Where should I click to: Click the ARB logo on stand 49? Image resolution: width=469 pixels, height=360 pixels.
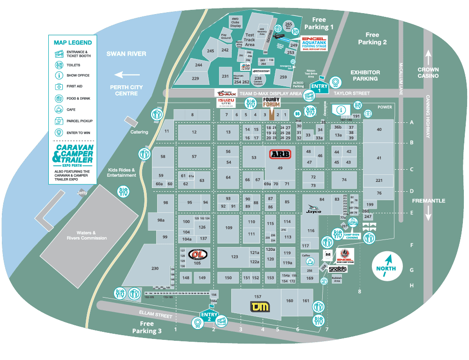(280, 154)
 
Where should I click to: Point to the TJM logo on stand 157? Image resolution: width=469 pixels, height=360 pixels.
(259, 307)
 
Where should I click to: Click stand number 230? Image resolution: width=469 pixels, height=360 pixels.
(155, 269)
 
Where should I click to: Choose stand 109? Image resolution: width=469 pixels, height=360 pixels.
(228, 228)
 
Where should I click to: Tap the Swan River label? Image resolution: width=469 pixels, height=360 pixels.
(126, 54)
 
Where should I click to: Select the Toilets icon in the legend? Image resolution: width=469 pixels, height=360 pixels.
(59, 65)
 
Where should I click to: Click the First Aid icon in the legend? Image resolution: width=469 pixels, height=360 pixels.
(59, 87)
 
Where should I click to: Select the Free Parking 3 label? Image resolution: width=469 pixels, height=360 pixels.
(147, 327)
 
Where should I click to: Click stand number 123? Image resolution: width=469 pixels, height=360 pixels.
(234, 257)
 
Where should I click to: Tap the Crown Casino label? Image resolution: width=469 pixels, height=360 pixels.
(428, 73)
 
